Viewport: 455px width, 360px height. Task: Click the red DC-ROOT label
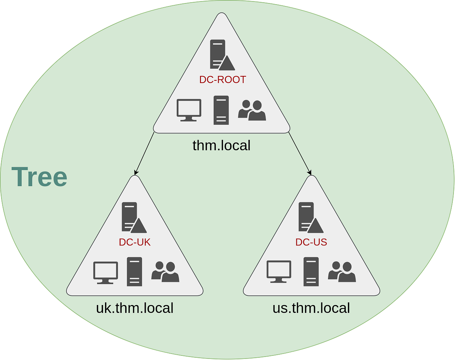click(x=223, y=80)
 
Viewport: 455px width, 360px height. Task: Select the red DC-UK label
click(x=135, y=242)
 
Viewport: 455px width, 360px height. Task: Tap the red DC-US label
click(x=311, y=242)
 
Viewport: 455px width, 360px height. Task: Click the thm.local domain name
click(x=221, y=145)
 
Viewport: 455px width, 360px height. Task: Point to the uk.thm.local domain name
click(x=135, y=308)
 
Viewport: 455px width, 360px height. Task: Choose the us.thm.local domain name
click(x=311, y=308)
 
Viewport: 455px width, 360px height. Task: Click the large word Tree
click(x=39, y=177)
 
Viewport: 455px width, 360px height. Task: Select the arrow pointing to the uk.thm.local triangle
click(x=144, y=154)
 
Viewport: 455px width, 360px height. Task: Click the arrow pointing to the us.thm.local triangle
click(x=300, y=154)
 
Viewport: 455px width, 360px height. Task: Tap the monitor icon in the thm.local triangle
click(x=189, y=110)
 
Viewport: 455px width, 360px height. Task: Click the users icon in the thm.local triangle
click(x=252, y=110)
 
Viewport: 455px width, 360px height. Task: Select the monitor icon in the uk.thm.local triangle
click(x=105, y=272)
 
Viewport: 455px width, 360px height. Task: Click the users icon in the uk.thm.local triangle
click(x=165, y=272)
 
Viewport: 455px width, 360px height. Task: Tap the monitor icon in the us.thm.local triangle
click(x=279, y=272)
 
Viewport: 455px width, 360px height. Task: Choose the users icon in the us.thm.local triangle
click(x=342, y=272)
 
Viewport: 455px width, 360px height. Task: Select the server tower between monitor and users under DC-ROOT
click(x=221, y=110)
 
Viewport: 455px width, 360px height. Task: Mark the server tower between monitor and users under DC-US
click(x=311, y=272)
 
